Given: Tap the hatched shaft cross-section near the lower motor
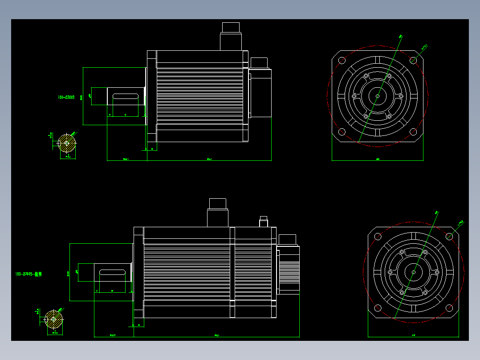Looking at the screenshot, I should click(53, 319).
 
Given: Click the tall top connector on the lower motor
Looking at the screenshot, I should click(217, 213).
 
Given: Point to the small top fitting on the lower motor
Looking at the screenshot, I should click(263, 221).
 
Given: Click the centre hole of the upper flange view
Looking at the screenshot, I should click(378, 96).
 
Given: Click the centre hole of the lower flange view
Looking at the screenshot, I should click(414, 272).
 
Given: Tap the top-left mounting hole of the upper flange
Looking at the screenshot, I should click(342, 61).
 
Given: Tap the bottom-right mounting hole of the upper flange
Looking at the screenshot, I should click(413, 131).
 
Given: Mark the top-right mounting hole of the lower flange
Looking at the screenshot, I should click(450, 236).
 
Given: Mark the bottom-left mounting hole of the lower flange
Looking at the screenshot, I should click(378, 307).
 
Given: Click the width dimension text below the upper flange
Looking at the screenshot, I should click(378, 159).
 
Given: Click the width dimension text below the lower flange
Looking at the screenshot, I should click(414, 335).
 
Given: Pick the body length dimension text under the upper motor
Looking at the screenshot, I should click(209, 159).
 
